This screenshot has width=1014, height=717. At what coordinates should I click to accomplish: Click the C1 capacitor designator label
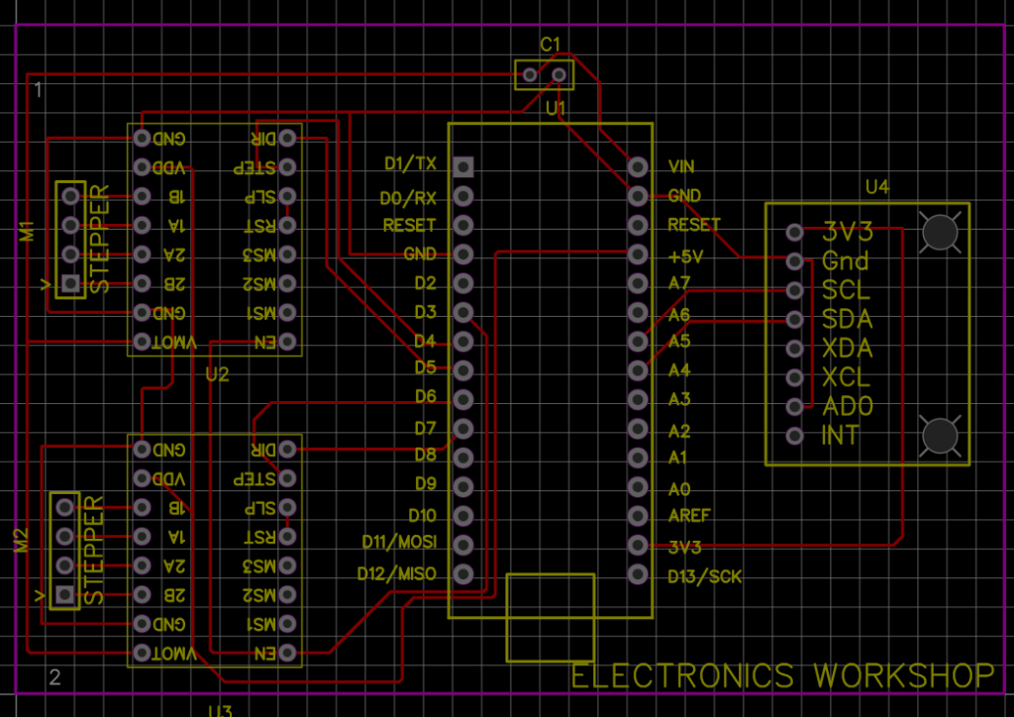[x=551, y=44]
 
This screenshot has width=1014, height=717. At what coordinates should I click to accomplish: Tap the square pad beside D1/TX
[x=462, y=165]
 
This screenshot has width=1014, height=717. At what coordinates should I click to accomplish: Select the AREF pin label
[x=689, y=516]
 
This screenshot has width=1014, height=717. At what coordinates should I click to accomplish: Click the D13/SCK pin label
[x=704, y=576]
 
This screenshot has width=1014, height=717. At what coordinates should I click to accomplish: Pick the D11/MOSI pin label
[x=398, y=544]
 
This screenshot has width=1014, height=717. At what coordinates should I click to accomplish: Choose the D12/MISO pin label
[x=396, y=573]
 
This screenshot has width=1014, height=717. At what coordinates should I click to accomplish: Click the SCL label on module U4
[x=846, y=291]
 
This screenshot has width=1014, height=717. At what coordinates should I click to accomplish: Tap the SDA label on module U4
[x=847, y=320]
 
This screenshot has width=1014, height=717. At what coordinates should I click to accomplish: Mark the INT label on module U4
[x=841, y=436]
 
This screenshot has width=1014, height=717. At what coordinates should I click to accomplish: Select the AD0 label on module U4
[x=847, y=406]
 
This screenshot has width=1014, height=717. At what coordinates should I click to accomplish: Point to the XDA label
[x=847, y=349]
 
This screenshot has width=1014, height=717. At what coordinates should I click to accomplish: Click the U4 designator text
[x=877, y=186]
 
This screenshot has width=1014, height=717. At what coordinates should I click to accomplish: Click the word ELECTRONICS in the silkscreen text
[x=682, y=675]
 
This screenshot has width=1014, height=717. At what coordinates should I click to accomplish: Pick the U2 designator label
[x=217, y=374]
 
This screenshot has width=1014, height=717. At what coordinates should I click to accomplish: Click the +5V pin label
[x=685, y=256]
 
